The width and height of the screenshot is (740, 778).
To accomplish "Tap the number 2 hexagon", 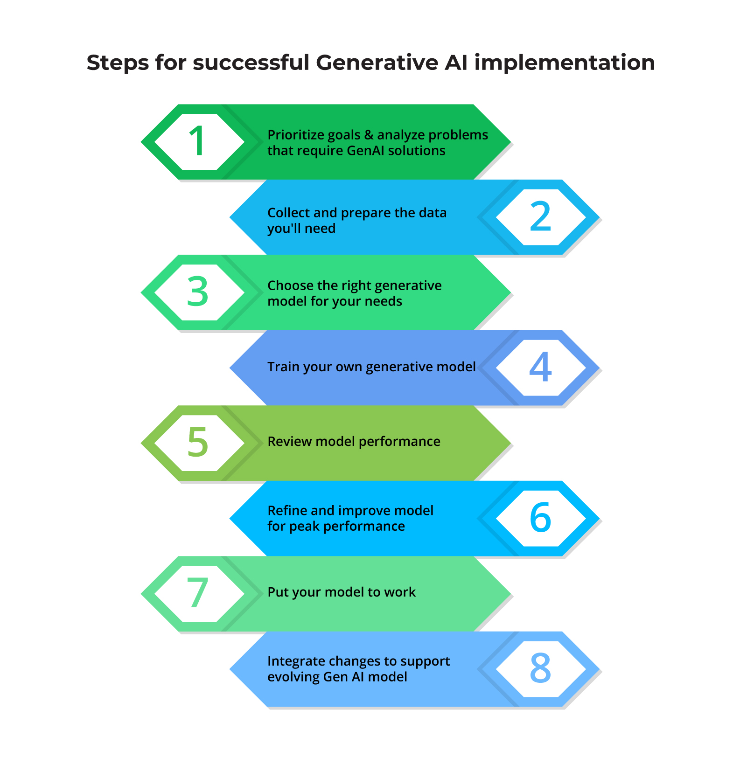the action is click(540, 217).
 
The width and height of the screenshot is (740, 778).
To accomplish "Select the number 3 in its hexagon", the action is click(198, 292).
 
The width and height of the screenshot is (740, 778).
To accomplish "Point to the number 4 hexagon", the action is click(540, 368).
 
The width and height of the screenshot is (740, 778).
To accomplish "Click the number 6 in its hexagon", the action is click(540, 518).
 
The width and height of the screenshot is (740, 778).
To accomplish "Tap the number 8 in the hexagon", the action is click(540, 668).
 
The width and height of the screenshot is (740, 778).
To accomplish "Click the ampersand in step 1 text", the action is click(369, 135).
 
